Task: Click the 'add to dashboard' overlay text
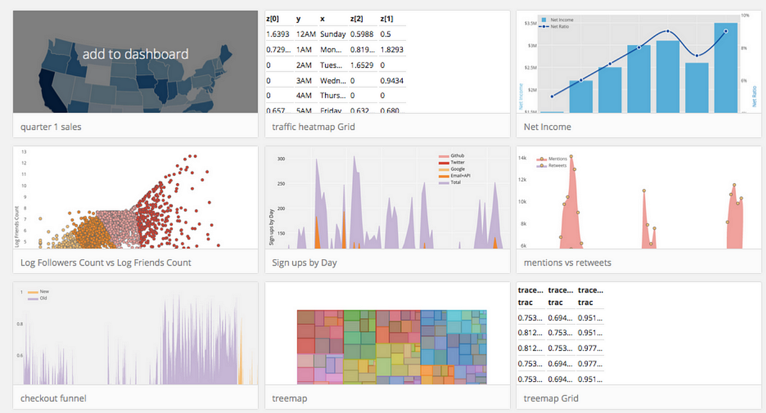click(135, 54)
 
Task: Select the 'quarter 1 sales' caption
click(51, 126)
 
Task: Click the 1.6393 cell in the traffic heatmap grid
click(278, 34)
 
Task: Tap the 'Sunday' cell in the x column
click(333, 34)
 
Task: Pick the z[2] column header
click(356, 19)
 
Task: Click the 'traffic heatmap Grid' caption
click(313, 126)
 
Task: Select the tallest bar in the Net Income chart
click(726, 68)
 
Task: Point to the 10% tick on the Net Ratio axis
click(744, 15)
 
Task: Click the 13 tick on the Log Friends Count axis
click(24, 152)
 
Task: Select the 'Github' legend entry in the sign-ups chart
click(458, 156)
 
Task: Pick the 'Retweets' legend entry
click(557, 165)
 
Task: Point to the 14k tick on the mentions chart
click(522, 158)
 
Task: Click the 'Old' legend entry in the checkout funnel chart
click(43, 298)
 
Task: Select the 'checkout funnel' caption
click(54, 398)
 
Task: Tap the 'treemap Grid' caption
click(551, 398)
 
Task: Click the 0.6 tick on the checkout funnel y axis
click(20, 356)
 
